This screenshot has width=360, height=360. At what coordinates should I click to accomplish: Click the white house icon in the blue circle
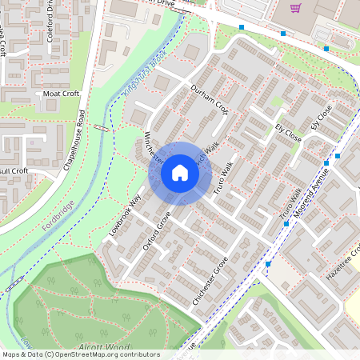(180, 172)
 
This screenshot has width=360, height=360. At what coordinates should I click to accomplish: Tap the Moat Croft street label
(62, 94)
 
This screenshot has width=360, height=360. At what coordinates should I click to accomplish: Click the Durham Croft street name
(209, 99)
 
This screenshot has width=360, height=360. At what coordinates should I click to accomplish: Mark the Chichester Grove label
(210, 280)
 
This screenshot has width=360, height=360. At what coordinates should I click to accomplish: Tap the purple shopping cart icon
(296, 8)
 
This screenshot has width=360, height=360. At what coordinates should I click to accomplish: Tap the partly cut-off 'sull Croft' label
(14, 170)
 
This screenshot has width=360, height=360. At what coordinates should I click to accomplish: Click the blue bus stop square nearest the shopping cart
(283, 34)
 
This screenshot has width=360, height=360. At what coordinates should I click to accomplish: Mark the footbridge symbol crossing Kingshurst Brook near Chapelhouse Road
(100, 126)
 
